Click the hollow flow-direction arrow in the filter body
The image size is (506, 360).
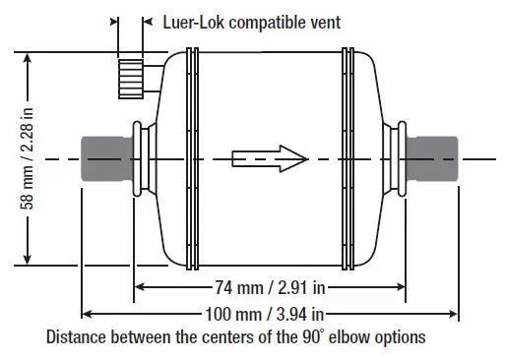(x=270, y=159)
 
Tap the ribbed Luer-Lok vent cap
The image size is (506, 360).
(x=131, y=79)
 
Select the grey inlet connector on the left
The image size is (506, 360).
(x=107, y=159)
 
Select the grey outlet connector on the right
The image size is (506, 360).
(x=432, y=159)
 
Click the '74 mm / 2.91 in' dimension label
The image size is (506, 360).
(x=270, y=288)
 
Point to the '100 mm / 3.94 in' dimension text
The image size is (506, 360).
(x=265, y=314)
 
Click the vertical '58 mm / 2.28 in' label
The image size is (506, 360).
(x=27, y=158)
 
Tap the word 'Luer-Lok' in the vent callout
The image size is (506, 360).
(x=194, y=23)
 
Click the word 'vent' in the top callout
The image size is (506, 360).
(x=325, y=23)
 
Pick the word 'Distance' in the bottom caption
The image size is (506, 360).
(x=76, y=337)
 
